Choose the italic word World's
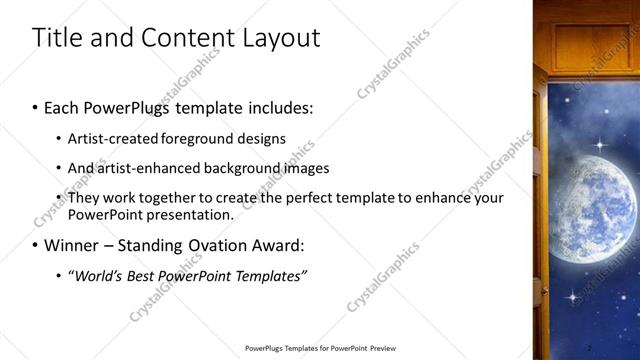96,276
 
